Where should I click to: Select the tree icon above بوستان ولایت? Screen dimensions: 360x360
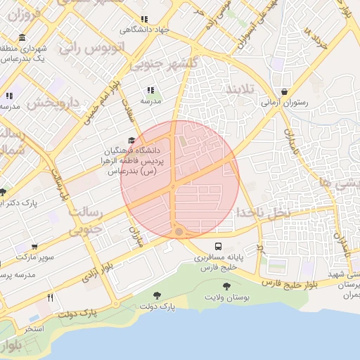[x=226, y=285]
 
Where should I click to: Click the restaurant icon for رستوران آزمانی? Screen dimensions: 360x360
[x=284, y=91]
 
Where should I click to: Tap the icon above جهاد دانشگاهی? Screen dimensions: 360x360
[x=144, y=20]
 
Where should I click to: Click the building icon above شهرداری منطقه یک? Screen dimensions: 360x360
[x=23, y=38]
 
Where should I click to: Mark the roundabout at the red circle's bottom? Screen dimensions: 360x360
[x=179, y=231]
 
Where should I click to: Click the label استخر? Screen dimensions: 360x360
[x=34, y=328]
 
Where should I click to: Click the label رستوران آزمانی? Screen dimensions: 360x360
[x=284, y=103]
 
